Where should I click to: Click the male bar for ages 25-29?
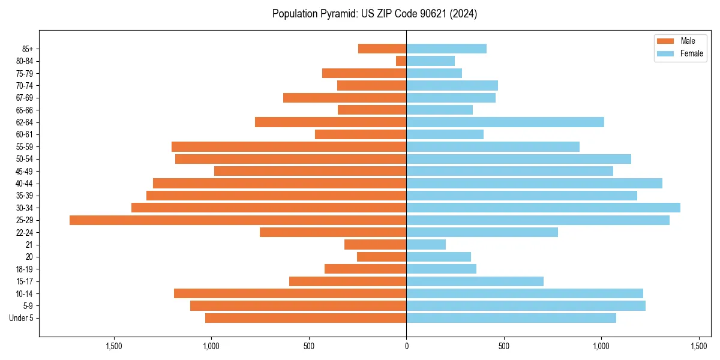[x=238, y=220]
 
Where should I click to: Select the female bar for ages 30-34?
[x=543, y=208]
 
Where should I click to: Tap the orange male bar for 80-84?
[x=401, y=61]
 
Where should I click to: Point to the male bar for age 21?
[x=375, y=245]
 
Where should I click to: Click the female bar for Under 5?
[x=511, y=318]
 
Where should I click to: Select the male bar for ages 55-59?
[x=289, y=147]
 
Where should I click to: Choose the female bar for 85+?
[x=446, y=49]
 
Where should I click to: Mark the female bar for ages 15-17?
[x=475, y=281]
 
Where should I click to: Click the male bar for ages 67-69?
[x=344, y=98]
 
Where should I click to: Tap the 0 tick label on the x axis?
[x=406, y=346]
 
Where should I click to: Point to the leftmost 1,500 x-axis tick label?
[x=113, y=346]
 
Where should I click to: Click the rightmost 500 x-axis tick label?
[x=504, y=346]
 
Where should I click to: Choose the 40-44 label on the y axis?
[x=25, y=184]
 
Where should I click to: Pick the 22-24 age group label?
[x=25, y=233]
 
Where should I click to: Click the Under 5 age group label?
[x=22, y=318]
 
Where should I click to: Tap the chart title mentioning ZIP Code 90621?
[x=374, y=14]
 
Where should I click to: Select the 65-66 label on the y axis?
[x=25, y=110]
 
